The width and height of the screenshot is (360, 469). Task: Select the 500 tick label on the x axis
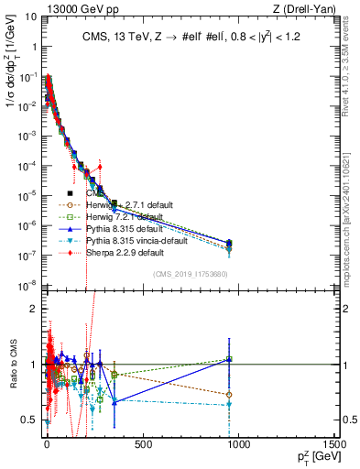pyautogui.click(x=142, y=442)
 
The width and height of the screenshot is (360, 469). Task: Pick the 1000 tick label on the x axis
pyautogui.click(x=238, y=442)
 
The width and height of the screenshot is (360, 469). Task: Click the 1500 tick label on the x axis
pyautogui.click(x=333, y=442)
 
